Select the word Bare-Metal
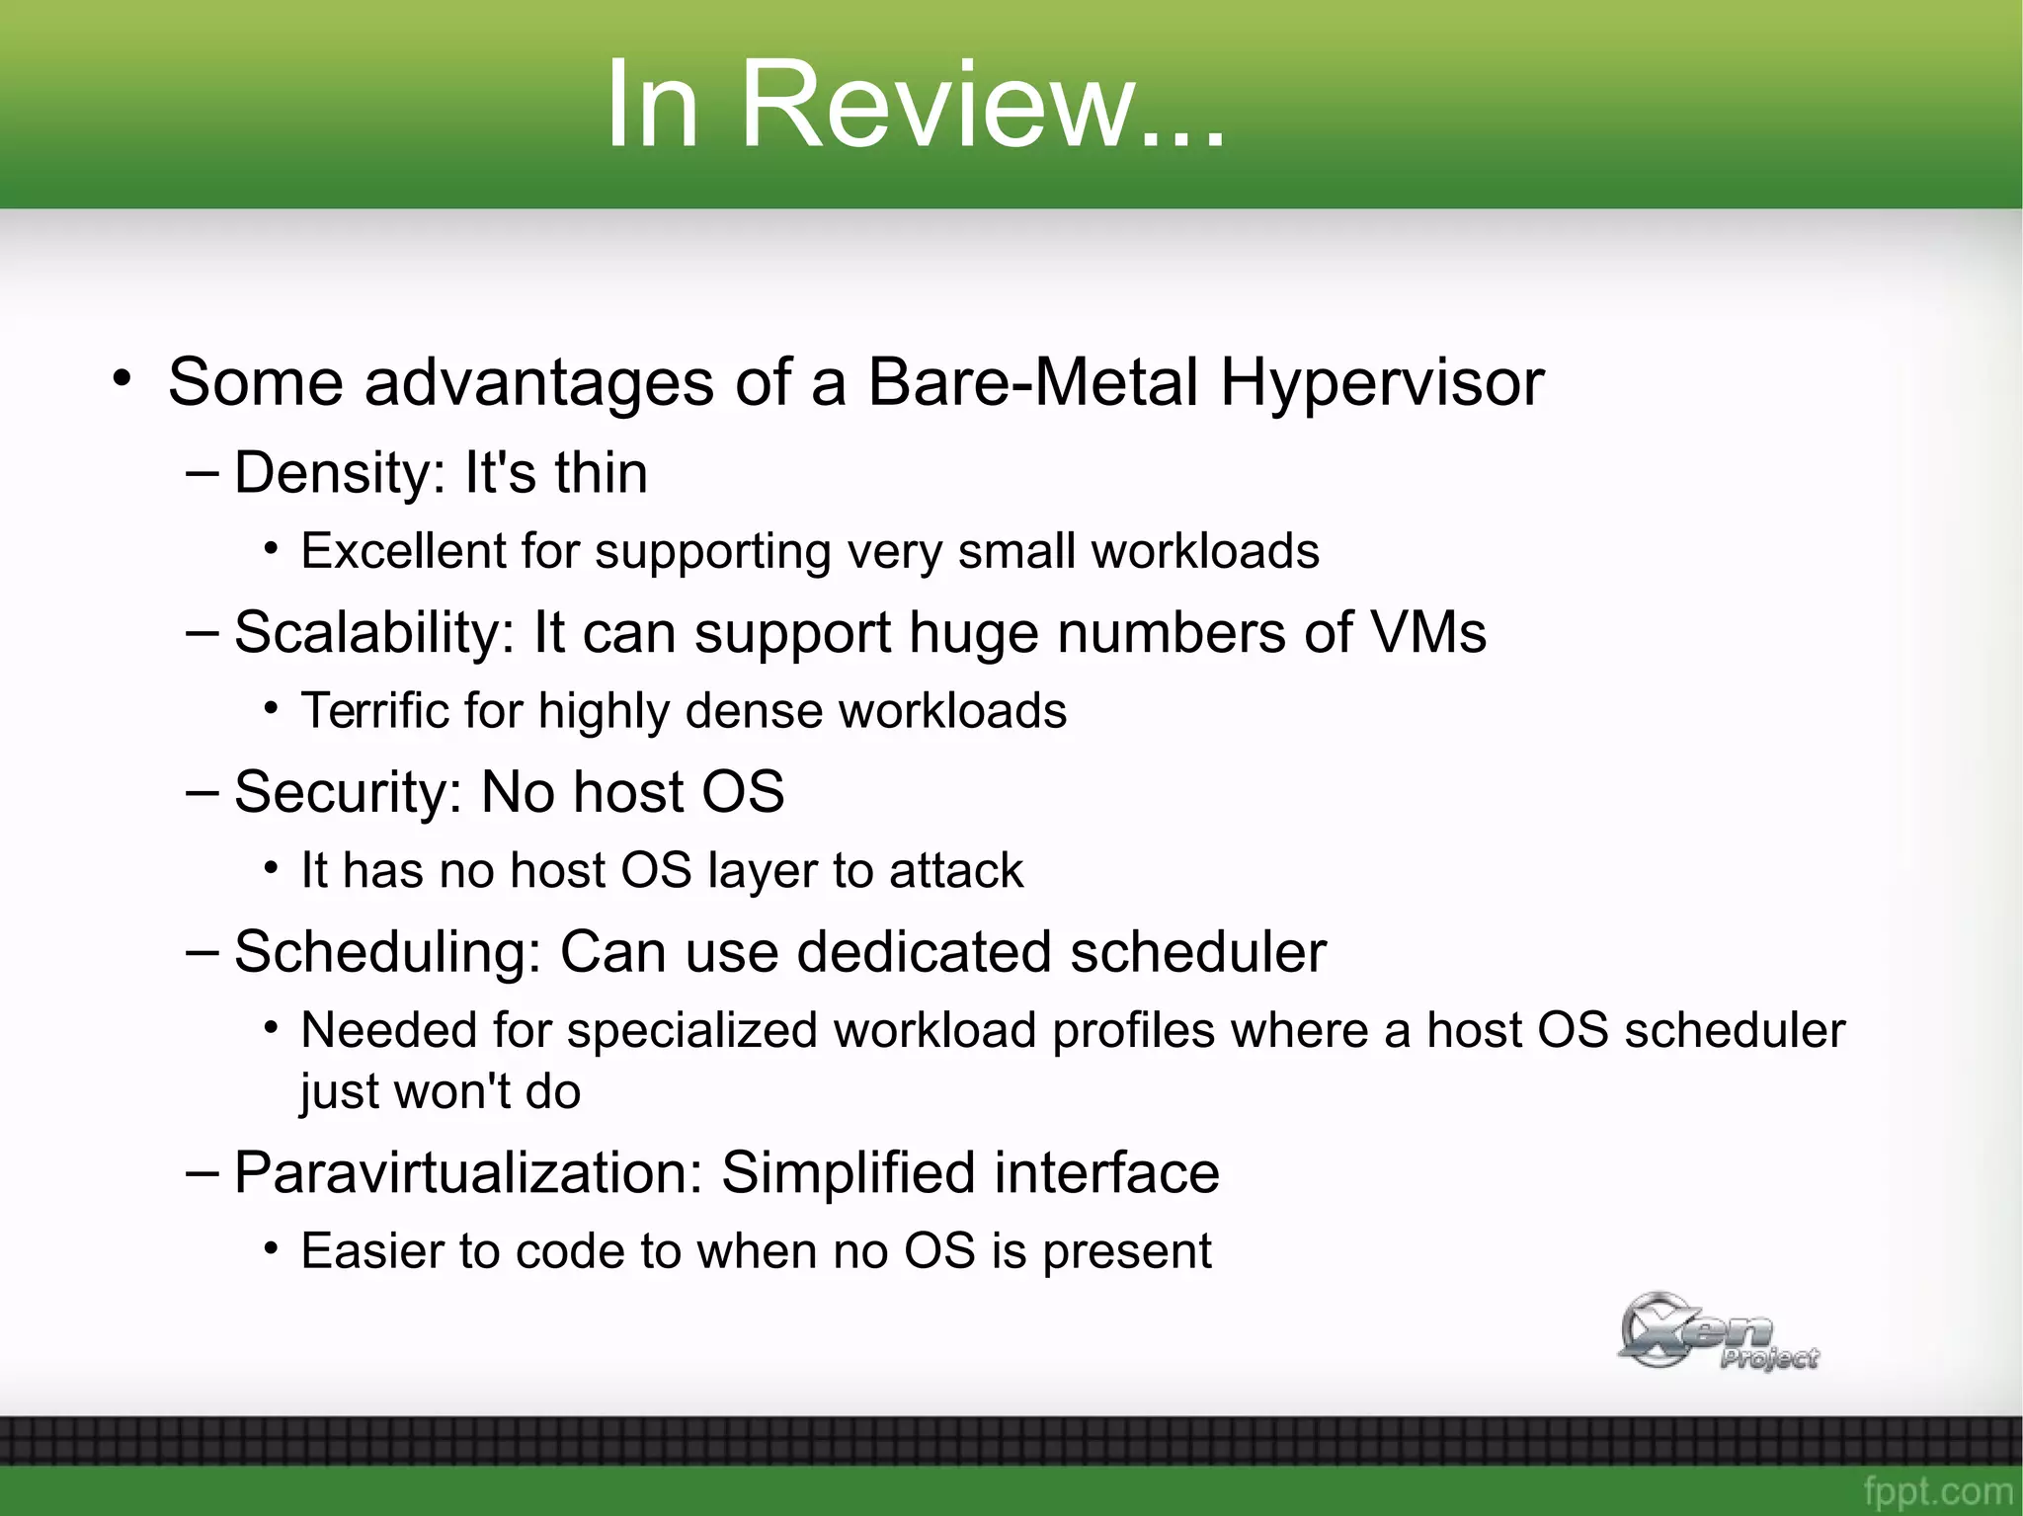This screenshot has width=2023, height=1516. [1032, 382]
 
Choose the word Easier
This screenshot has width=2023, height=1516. [371, 1251]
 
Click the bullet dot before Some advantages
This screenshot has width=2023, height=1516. [121, 378]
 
